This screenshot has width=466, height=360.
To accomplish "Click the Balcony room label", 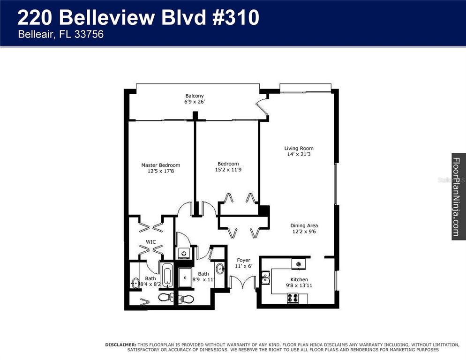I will pos(194,96).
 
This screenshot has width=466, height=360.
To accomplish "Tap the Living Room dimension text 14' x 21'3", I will pos(299,155).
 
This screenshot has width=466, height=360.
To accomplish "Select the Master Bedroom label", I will pos(161,165).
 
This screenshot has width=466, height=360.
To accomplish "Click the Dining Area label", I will pos(304,225).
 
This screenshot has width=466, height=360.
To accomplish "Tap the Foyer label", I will pos(243,260).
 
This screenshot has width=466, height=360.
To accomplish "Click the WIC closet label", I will pos(150,242).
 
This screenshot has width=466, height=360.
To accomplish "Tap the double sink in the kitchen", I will pos(265,278).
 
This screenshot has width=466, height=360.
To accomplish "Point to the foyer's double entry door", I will pos(243,282).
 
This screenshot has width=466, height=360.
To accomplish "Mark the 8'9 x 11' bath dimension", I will pos(203,280).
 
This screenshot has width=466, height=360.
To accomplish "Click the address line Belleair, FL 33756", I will pos(60,34).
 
